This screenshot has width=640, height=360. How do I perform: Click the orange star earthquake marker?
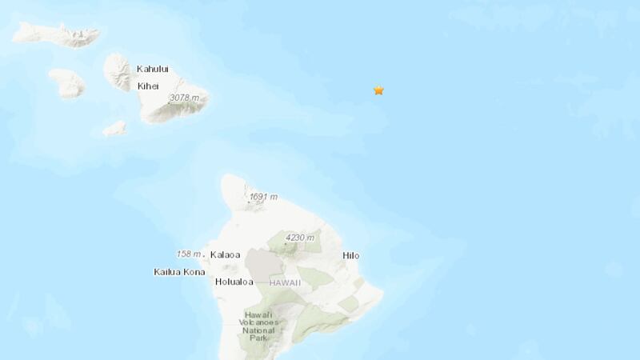378,90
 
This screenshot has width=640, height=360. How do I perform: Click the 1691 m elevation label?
263,197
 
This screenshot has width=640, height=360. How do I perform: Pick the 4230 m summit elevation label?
300,237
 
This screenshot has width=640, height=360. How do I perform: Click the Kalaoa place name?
225,255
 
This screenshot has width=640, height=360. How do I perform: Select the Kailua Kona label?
179,272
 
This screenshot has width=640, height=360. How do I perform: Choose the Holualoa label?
234,282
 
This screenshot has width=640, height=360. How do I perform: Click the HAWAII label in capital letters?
284,282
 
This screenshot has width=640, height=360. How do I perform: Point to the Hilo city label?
351,256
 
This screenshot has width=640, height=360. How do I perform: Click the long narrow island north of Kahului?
56,34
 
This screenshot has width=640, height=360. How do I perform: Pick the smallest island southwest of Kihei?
115,127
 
